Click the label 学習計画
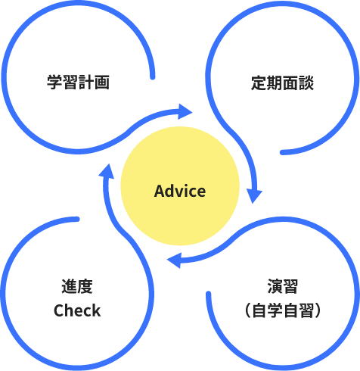pyautogui.click(x=78, y=83)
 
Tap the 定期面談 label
pyautogui.click(x=282, y=83)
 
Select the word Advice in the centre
pyautogui.click(x=180, y=191)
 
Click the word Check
pyautogui.click(x=77, y=310)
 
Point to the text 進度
pyautogui.click(x=77, y=286)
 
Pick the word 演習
pyautogui.click(x=283, y=286)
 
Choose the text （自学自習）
pyautogui.click(x=283, y=310)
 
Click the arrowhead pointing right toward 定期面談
pyautogui.click(x=185, y=111)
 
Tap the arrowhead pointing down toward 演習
pyautogui.click(x=254, y=195)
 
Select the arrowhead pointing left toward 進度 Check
pyautogui.click(x=175, y=260)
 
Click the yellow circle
pyautogui.click(x=180, y=185)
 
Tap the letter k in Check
pyautogui.click(x=96, y=310)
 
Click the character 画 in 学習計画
pyautogui.click(x=102, y=83)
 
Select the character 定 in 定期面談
pyautogui.click(x=259, y=83)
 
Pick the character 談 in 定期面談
pyautogui.click(x=306, y=83)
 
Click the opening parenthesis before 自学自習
pyautogui.click(x=247, y=310)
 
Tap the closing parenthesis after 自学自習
pyautogui.click(x=318, y=310)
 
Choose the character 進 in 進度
pyautogui.click(x=70, y=286)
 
